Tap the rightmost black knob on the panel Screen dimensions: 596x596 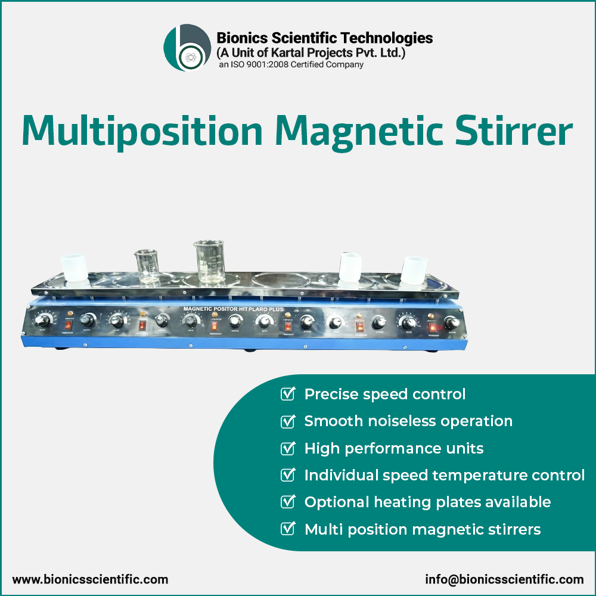click(x=452, y=322)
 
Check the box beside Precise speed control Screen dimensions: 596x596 click(x=288, y=394)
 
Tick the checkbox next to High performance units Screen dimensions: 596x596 click(x=288, y=448)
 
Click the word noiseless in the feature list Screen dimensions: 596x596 click(x=394, y=421)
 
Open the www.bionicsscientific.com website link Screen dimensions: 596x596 click(x=90, y=579)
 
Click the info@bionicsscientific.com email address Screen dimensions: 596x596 click(x=504, y=579)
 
